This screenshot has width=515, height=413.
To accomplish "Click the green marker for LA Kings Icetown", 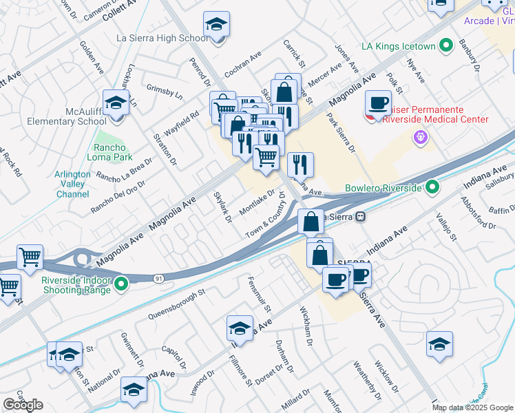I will point(445,46).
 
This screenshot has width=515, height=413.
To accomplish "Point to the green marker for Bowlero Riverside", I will point(432,187).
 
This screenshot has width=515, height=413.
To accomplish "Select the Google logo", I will point(23,404).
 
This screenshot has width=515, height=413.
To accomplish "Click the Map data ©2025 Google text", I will point(473,407).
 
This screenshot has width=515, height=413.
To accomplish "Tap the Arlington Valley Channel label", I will point(73,184).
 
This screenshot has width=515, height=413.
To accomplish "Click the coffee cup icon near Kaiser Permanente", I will point(377,103).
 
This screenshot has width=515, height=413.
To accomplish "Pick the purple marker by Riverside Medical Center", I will point(420,138).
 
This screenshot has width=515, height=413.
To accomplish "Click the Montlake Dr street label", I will point(256,202).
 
